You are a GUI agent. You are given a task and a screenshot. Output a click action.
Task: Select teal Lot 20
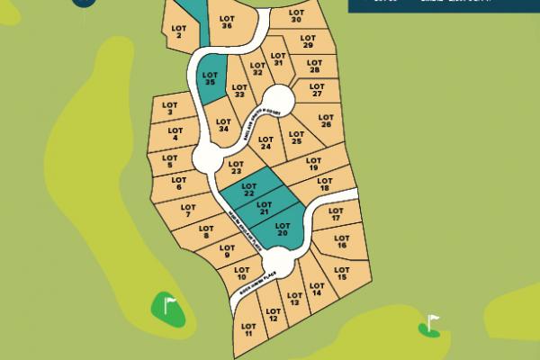[x=281, y=229]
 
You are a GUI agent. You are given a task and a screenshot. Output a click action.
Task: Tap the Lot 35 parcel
[x=210, y=79]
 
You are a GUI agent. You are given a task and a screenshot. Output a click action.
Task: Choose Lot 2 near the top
[x=177, y=32]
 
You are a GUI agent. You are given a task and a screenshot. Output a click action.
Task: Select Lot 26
[x=326, y=120]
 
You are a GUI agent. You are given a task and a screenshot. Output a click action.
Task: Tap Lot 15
[x=341, y=273]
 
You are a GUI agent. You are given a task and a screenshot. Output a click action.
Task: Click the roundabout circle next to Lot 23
[x=208, y=161]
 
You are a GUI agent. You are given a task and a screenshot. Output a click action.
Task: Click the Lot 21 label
[x=265, y=210]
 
